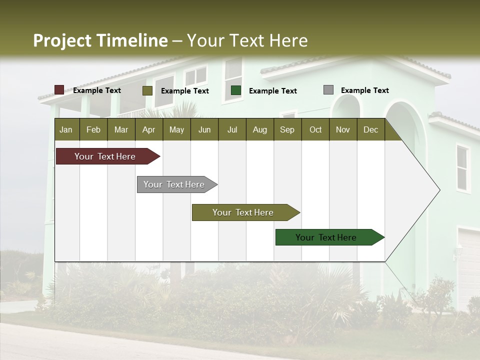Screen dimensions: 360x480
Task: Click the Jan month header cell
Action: coord(66,129)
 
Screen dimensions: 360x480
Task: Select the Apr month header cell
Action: coord(149,129)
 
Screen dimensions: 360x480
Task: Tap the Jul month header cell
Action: coord(232,129)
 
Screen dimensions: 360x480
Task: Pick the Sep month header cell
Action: coord(287,129)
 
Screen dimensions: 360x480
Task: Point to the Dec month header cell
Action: coord(370,129)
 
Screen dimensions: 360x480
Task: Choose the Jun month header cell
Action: coord(204,129)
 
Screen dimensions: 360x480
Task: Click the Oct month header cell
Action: coord(315,129)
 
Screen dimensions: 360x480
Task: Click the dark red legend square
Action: coord(59,90)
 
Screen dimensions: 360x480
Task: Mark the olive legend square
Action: coord(147,90)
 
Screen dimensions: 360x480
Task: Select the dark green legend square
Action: coord(236,90)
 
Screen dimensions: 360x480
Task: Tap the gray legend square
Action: coord(328,90)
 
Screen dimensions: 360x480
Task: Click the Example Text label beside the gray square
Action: coord(364,90)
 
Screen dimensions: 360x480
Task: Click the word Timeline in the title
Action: coord(131,40)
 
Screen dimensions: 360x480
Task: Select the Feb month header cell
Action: coord(93,129)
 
